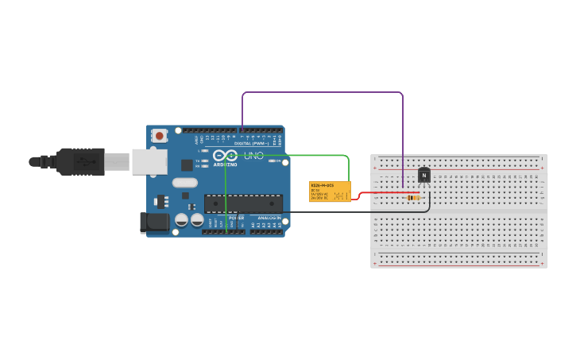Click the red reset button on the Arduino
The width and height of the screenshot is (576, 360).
click(160, 136)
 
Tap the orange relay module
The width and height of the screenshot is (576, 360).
click(330, 192)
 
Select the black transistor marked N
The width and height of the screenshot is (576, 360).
click(424, 176)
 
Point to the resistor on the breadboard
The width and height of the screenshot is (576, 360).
click(413, 197)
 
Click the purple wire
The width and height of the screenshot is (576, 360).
click(322, 92)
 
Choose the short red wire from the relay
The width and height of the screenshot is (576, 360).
click(381, 192)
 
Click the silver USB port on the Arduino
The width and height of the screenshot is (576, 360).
click(149, 161)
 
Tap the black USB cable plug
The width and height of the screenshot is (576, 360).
click(79, 161)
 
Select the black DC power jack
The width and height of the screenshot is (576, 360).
click(155, 223)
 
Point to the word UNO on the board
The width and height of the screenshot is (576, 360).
click(253, 156)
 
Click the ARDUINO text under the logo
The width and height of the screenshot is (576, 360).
click(225, 165)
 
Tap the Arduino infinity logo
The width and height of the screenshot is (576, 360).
click(225, 156)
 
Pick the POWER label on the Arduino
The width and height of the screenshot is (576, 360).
click(236, 218)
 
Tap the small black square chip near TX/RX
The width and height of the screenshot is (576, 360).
click(187, 165)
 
